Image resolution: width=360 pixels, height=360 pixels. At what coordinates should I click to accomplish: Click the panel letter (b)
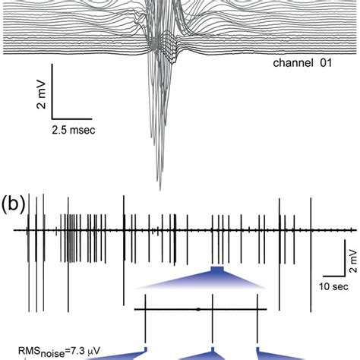point(13,207)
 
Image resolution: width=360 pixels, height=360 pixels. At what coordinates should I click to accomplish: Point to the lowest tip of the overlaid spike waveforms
point(159,187)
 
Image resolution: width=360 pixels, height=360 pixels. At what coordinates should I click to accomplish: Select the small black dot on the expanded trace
point(198,309)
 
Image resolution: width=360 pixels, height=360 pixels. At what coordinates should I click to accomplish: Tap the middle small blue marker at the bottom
point(212,350)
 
